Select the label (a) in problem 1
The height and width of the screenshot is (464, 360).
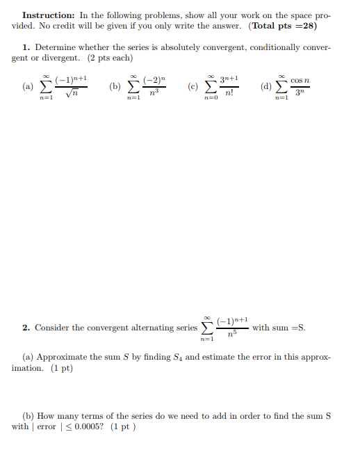pos(27,88)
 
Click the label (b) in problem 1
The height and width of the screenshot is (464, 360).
pos(115,88)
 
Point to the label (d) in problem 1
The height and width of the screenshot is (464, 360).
pos(265,88)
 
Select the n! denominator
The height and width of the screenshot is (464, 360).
pos(229,93)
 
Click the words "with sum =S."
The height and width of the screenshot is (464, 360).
pos(278,327)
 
